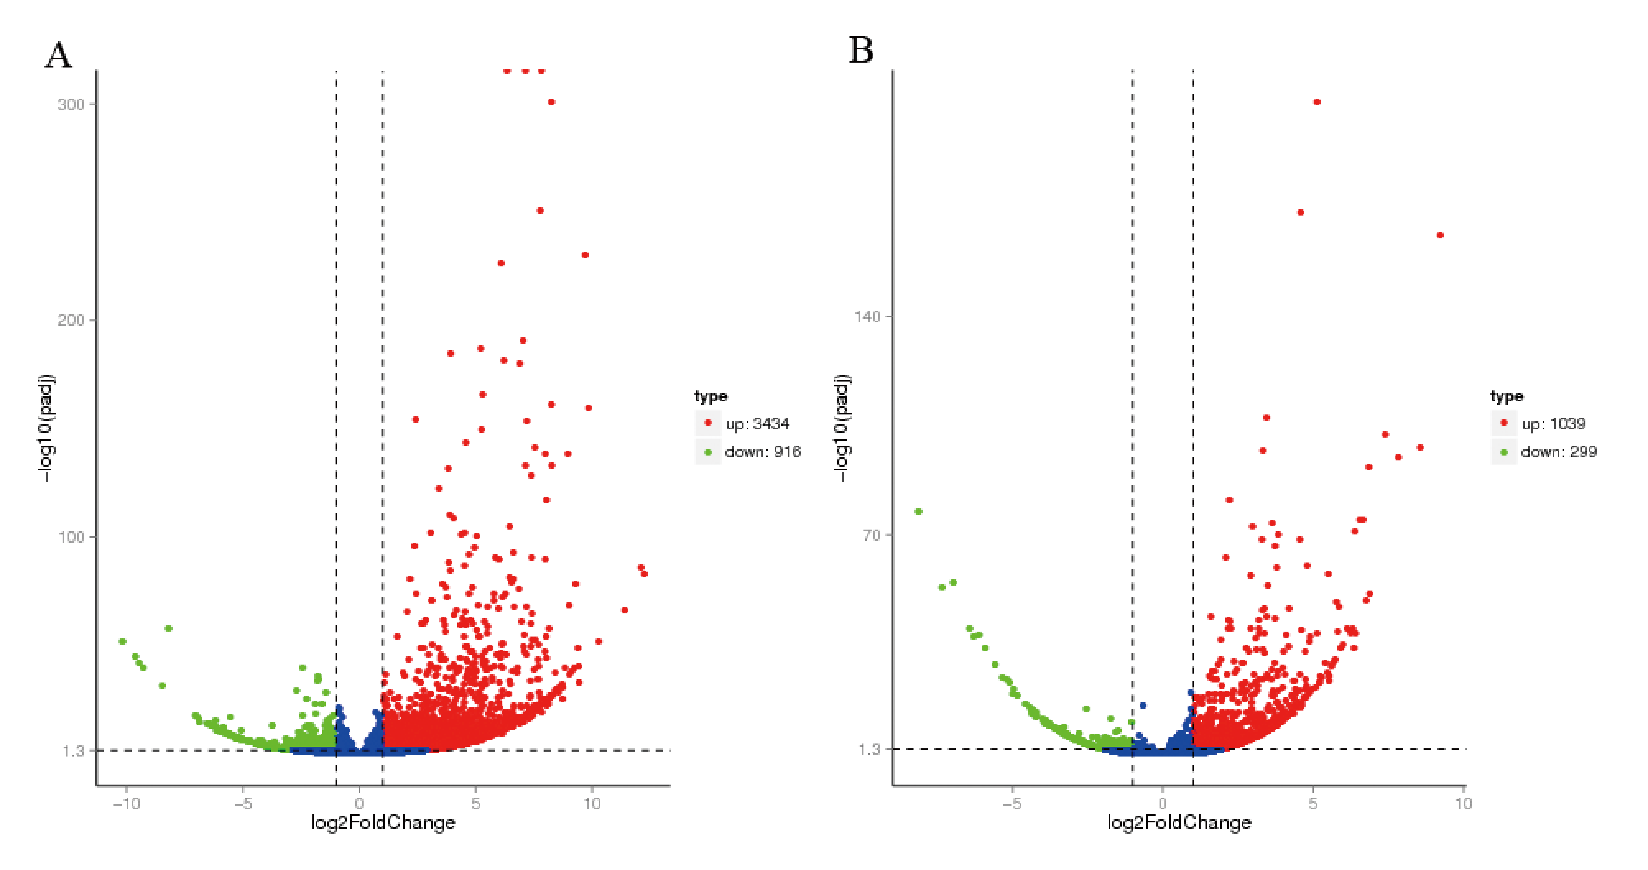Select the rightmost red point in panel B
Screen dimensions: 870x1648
(1440, 235)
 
